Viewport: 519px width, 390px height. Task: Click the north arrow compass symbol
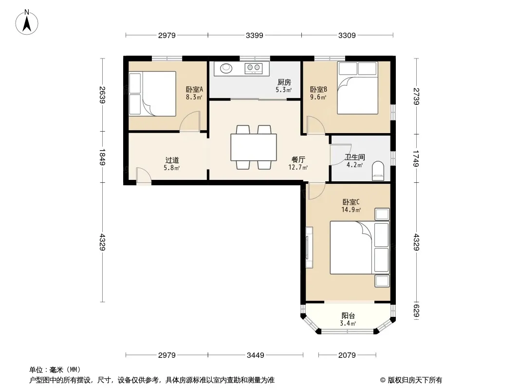27,22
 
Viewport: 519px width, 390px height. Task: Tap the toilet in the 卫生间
378,171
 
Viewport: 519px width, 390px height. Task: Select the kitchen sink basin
226,68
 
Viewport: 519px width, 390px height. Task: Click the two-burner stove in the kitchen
254,68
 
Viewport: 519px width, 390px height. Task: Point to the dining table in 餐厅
254,147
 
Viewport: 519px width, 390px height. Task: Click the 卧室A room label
194,90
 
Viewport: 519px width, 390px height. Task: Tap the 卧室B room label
318,90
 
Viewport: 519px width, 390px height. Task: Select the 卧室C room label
351,202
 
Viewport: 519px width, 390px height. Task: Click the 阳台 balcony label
348,316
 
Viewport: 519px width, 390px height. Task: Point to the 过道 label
172,160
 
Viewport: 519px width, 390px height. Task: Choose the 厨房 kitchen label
284,82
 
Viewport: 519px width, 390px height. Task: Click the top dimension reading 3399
254,35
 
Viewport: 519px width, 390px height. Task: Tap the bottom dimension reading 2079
347,355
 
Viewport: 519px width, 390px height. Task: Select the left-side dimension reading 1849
102,157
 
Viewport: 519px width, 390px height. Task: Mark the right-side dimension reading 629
416,311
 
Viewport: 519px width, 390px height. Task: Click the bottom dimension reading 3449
256,355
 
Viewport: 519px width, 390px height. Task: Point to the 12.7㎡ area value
298,168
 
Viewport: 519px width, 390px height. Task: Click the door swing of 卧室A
190,121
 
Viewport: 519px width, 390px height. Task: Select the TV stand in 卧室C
309,247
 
